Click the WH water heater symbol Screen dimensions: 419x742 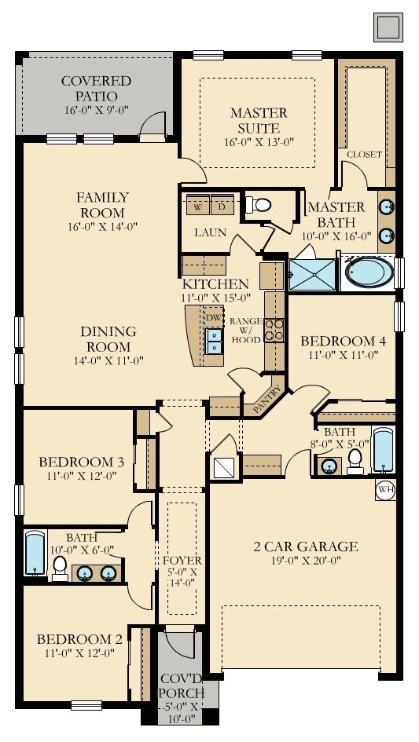click(386, 490)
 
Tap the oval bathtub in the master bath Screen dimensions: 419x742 click(369, 272)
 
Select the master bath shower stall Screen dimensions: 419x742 click(312, 275)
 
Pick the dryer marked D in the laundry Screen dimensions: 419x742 click(222, 204)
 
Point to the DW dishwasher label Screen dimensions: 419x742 click(215, 317)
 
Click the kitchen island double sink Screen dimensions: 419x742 click(215, 342)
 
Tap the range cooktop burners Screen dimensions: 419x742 click(274, 331)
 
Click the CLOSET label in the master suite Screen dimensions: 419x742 click(364, 154)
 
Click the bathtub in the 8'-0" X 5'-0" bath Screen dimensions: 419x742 click(383, 450)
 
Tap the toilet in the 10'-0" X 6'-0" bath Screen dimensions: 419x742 click(60, 568)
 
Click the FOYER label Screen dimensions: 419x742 click(182, 561)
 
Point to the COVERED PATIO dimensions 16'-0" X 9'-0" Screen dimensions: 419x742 click(97, 110)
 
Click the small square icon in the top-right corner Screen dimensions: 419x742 click(388, 27)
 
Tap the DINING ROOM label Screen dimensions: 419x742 click(108, 339)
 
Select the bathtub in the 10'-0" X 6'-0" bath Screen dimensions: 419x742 click(35, 554)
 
